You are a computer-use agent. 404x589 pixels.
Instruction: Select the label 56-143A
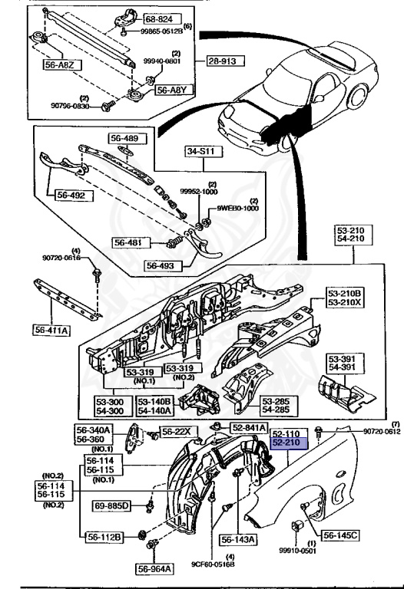(x=240, y=539)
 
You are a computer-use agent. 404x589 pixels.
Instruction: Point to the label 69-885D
(x=113, y=506)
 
